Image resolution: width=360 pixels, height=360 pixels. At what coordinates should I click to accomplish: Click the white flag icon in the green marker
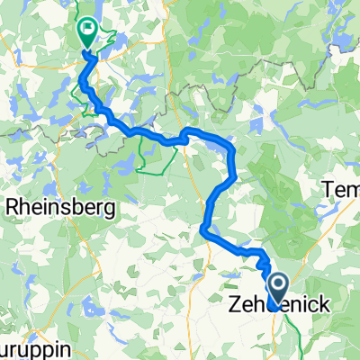[x=88, y=30]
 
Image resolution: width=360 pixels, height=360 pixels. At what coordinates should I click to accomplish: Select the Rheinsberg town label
[x=54, y=207]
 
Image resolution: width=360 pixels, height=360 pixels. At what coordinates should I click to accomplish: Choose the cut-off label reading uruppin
[x=23, y=347]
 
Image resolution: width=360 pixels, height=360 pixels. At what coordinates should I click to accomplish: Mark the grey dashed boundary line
[x=270, y=85]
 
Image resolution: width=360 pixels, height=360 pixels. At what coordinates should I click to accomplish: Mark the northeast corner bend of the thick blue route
[x=232, y=148]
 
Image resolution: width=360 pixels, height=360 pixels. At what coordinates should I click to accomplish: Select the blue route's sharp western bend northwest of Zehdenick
[x=210, y=233]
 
